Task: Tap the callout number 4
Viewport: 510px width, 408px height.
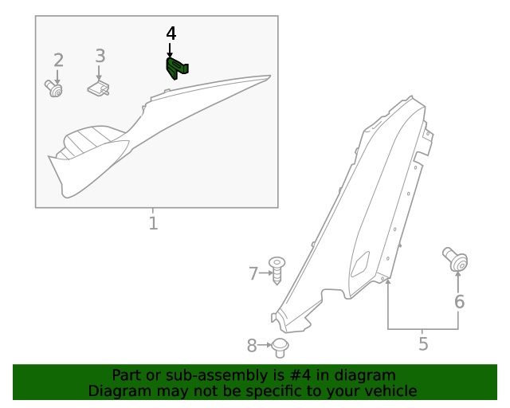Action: pyautogui.click(x=171, y=33)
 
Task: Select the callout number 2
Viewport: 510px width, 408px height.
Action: pyautogui.click(x=58, y=60)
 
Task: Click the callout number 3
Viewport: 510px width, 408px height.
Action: pyautogui.click(x=100, y=56)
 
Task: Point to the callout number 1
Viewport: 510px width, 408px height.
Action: pyautogui.click(x=153, y=223)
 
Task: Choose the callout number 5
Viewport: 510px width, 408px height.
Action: pyautogui.click(x=423, y=343)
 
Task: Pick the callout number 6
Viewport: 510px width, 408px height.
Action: pyautogui.click(x=459, y=301)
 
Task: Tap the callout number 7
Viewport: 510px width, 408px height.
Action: pyautogui.click(x=253, y=273)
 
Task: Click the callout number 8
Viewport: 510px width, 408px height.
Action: pyautogui.click(x=252, y=345)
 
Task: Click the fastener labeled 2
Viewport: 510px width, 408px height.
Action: pyautogui.click(x=54, y=89)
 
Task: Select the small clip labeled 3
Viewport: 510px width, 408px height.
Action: pyautogui.click(x=99, y=88)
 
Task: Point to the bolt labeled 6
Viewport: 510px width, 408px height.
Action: pyautogui.click(x=456, y=260)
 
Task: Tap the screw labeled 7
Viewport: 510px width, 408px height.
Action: pyautogui.click(x=277, y=270)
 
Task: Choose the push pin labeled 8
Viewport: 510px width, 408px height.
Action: pyautogui.click(x=280, y=347)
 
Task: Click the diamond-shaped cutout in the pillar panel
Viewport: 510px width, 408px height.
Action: pyautogui.click(x=360, y=265)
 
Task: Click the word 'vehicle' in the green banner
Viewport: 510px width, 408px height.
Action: pyautogui.click(x=388, y=391)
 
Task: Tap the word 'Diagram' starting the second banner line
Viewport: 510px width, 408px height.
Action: pyautogui.click(x=116, y=391)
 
